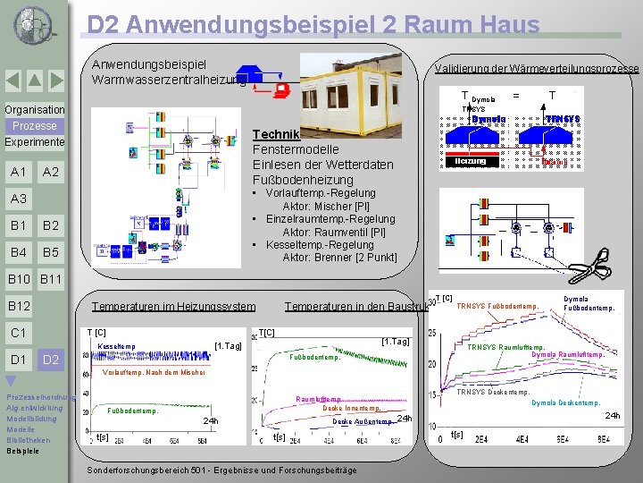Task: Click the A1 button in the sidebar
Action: coord(18,172)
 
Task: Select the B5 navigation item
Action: coord(51,252)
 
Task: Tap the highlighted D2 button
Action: coord(51,360)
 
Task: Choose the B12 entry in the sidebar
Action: coord(19,307)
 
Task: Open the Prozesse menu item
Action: coord(34,126)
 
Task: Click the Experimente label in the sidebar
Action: coord(34,142)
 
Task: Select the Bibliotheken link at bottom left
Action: coord(29,440)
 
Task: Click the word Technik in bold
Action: coord(276,133)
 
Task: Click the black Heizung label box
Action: coord(470,161)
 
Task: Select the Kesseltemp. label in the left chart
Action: coord(116,346)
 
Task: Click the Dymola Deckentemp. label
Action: coord(566,402)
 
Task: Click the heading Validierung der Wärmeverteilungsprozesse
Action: coord(536,69)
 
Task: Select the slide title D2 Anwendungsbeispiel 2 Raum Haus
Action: coord(313,24)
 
